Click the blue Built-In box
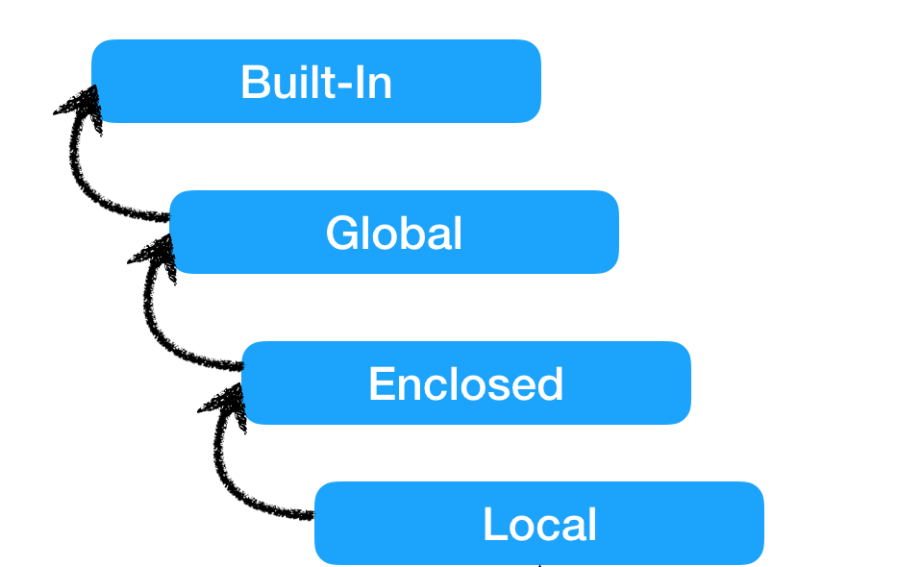coord(315,81)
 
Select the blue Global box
coord(394,232)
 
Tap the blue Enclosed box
coord(466,382)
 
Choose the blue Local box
coord(538,523)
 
